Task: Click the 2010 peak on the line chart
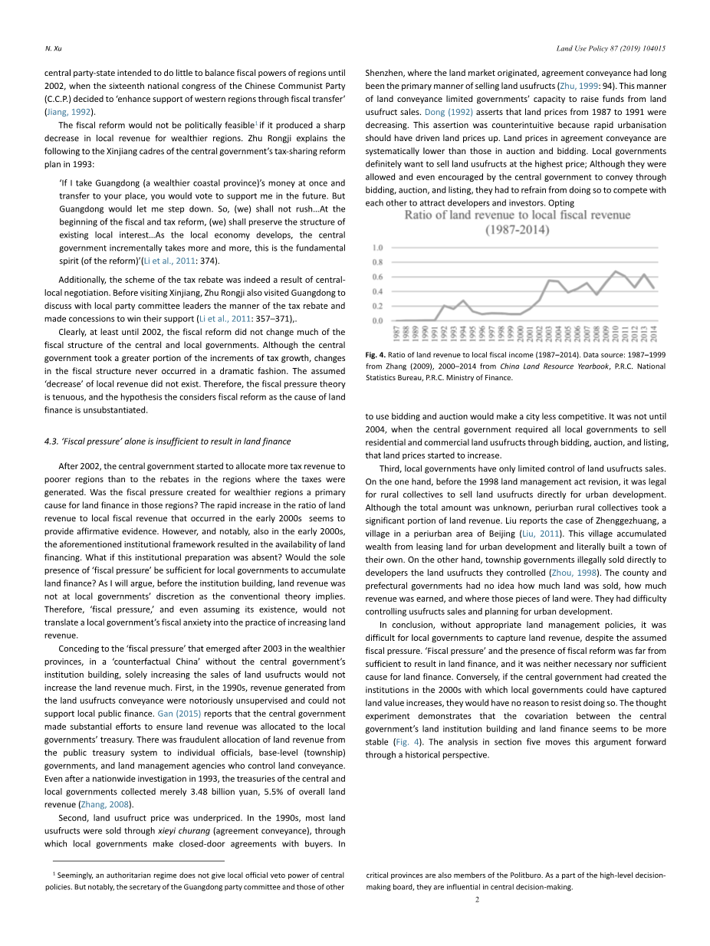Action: (615, 271)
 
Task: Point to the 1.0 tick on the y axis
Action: (377, 248)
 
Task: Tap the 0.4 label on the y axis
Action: (377, 291)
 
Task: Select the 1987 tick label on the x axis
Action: (396, 333)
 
